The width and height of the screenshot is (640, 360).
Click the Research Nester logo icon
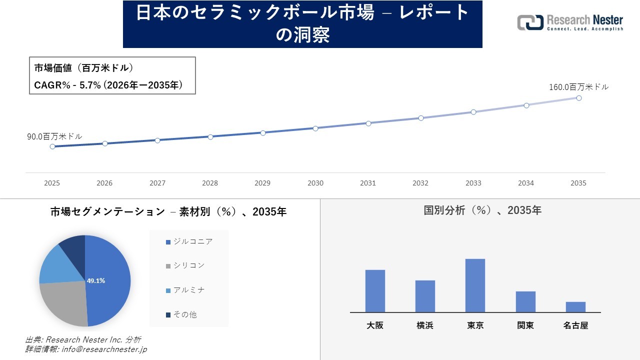click(x=530, y=22)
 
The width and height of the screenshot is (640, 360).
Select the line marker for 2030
click(x=315, y=128)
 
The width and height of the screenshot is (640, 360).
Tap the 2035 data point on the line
click(x=579, y=98)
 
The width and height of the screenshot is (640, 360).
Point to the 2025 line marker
click(x=52, y=146)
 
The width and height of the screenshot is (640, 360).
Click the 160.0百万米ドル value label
click(x=578, y=87)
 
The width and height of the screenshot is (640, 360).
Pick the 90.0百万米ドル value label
click(x=54, y=136)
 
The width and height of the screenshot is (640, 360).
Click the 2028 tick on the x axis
click(x=210, y=183)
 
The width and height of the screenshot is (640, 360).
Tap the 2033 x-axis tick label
click(x=473, y=183)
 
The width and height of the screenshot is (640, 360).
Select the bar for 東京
click(x=475, y=285)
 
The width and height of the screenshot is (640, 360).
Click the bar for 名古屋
click(x=575, y=307)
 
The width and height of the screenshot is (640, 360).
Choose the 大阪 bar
click(x=375, y=291)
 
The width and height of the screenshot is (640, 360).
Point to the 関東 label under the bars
click(x=525, y=325)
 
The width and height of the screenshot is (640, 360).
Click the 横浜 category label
click(x=425, y=325)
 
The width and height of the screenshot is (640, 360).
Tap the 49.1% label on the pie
click(x=96, y=281)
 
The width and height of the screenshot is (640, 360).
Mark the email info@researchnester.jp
click(x=104, y=349)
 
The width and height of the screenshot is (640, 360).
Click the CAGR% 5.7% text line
click(x=108, y=85)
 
